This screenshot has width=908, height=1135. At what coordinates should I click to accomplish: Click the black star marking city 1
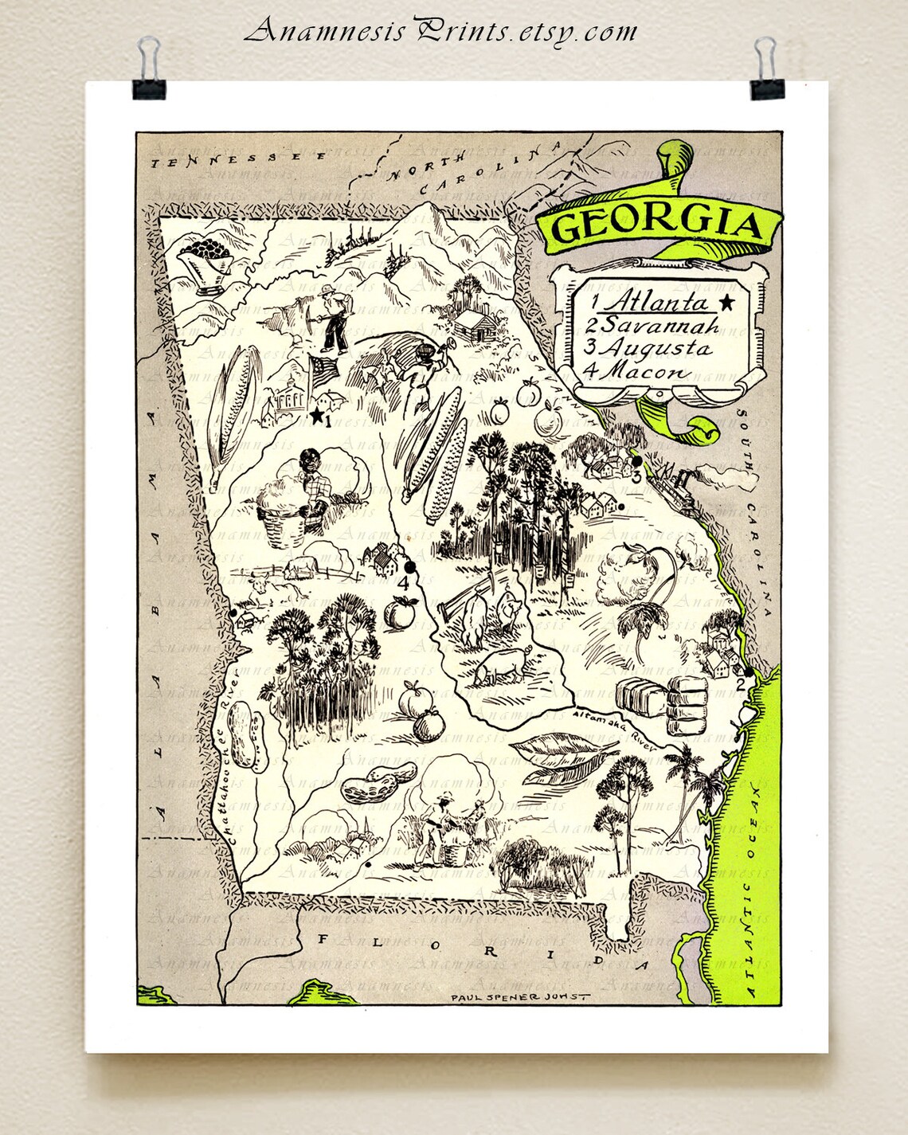(x=316, y=416)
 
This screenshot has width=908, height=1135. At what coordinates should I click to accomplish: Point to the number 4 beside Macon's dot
(x=403, y=583)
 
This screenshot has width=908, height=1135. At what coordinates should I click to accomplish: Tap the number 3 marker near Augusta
(x=636, y=477)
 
